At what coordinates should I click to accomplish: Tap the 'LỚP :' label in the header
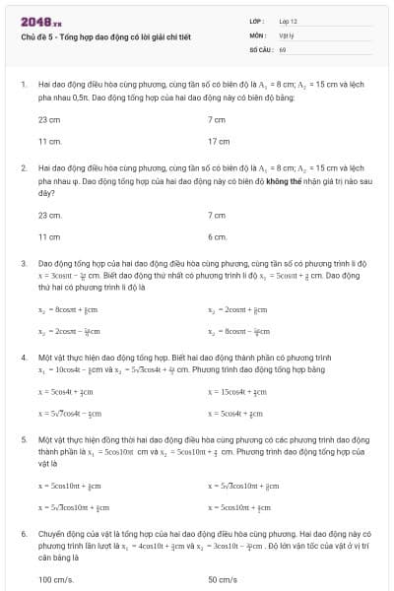click(256, 21)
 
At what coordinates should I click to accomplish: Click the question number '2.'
click(23, 168)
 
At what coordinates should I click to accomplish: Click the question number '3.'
click(23, 264)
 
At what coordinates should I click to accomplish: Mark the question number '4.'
click(23, 360)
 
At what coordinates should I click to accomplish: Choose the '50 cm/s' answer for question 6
click(223, 579)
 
